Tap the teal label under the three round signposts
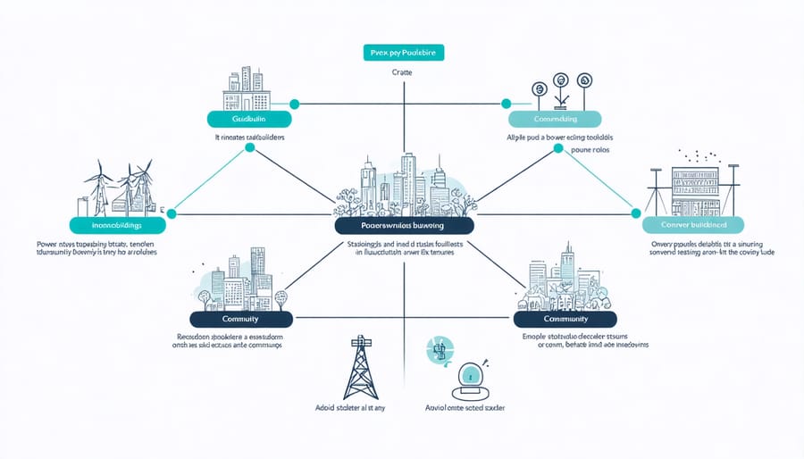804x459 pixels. click(x=555, y=119)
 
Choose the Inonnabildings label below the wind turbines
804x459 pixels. click(x=117, y=226)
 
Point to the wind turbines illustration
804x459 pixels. click(x=119, y=188)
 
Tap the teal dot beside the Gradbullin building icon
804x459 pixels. click(x=294, y=104)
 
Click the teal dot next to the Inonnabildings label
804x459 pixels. click(x=172, y=214)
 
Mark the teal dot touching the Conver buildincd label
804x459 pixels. click(x=636, y=214)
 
